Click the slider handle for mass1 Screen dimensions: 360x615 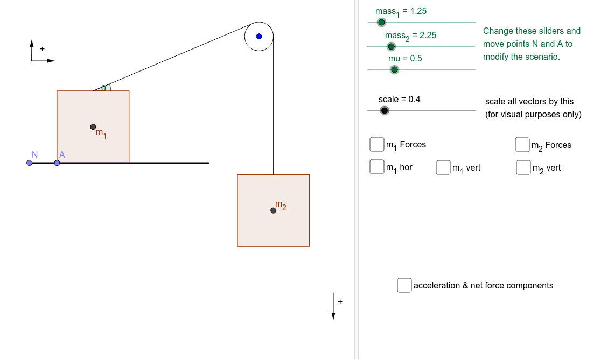pyautogui.click(x=381, y=22)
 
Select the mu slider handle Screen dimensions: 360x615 pyautogui.click(x=394, y=69)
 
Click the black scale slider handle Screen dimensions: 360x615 pyautogui.click(x=384, y=110)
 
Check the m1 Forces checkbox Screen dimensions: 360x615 pyautogui.click(x=376, y=144)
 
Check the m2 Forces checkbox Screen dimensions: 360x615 pyautogui.click(x=522, y=145)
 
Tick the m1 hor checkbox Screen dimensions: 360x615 pyautogui.click(x=376, y=167)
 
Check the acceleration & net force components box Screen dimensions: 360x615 pyautogui.click(x=404, y=285)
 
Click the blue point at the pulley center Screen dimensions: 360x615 pyautogui.click(x=259, y=37)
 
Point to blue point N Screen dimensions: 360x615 pyautogui.click(x=30, y=163)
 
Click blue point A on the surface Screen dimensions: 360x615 pyautogui.click(x=57, y=163)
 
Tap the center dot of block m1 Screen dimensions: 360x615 pyautogui.click(x=93, y=127)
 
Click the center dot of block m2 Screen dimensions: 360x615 pyautogui.click(x=274, y=210)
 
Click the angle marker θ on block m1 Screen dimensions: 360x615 pyautogui.click(x=104, y=88)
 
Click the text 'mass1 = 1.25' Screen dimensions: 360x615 pyautogui.click(x=401, y=11)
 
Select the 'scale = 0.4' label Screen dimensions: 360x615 pyautogui.click(x=399, y=99)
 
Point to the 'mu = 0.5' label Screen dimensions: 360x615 pyautogui.click(x=405, y=58)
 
